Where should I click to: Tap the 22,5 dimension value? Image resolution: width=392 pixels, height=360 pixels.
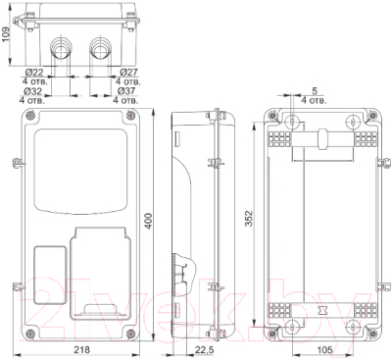coord(204,350)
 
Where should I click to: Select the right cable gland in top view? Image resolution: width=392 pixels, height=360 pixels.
coord(97,47)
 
